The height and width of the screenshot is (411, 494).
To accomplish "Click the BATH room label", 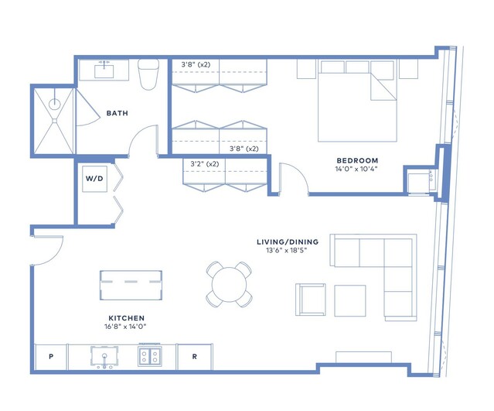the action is [x=118, y=113].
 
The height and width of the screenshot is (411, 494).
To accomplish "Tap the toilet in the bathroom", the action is [x=148, y=74].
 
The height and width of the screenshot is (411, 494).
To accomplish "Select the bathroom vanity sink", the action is [x=104, y=70].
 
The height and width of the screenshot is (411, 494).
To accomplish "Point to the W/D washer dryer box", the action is [x=94, y=179].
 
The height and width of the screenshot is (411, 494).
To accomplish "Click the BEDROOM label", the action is [x=357, y=160].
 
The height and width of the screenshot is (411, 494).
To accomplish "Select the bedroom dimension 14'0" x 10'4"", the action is [x=356, y=169].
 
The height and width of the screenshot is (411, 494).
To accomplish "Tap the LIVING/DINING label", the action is [x=288, y=242].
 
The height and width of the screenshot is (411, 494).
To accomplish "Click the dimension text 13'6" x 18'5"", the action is [x=286, y=251].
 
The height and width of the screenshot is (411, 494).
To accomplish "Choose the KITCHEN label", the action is [x=126, y=318].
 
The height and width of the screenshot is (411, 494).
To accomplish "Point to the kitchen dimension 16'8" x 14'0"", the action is [x=125, y=327].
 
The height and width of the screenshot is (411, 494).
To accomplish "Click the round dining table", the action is [x=229, y=285].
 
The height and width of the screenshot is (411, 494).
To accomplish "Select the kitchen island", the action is [x=131, y=285].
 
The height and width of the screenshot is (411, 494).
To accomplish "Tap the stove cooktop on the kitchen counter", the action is [x=150, y=356].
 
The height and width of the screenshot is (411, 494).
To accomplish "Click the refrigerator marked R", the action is [x=194, y=357].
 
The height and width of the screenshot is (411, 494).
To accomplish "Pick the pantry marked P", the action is [x=51, y=357].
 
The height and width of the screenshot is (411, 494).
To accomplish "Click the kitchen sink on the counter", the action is [x=104, y=357].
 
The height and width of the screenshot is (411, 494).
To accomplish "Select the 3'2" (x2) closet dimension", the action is [x=204, y=164].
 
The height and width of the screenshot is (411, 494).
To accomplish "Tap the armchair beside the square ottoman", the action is [x=310, y=300].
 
